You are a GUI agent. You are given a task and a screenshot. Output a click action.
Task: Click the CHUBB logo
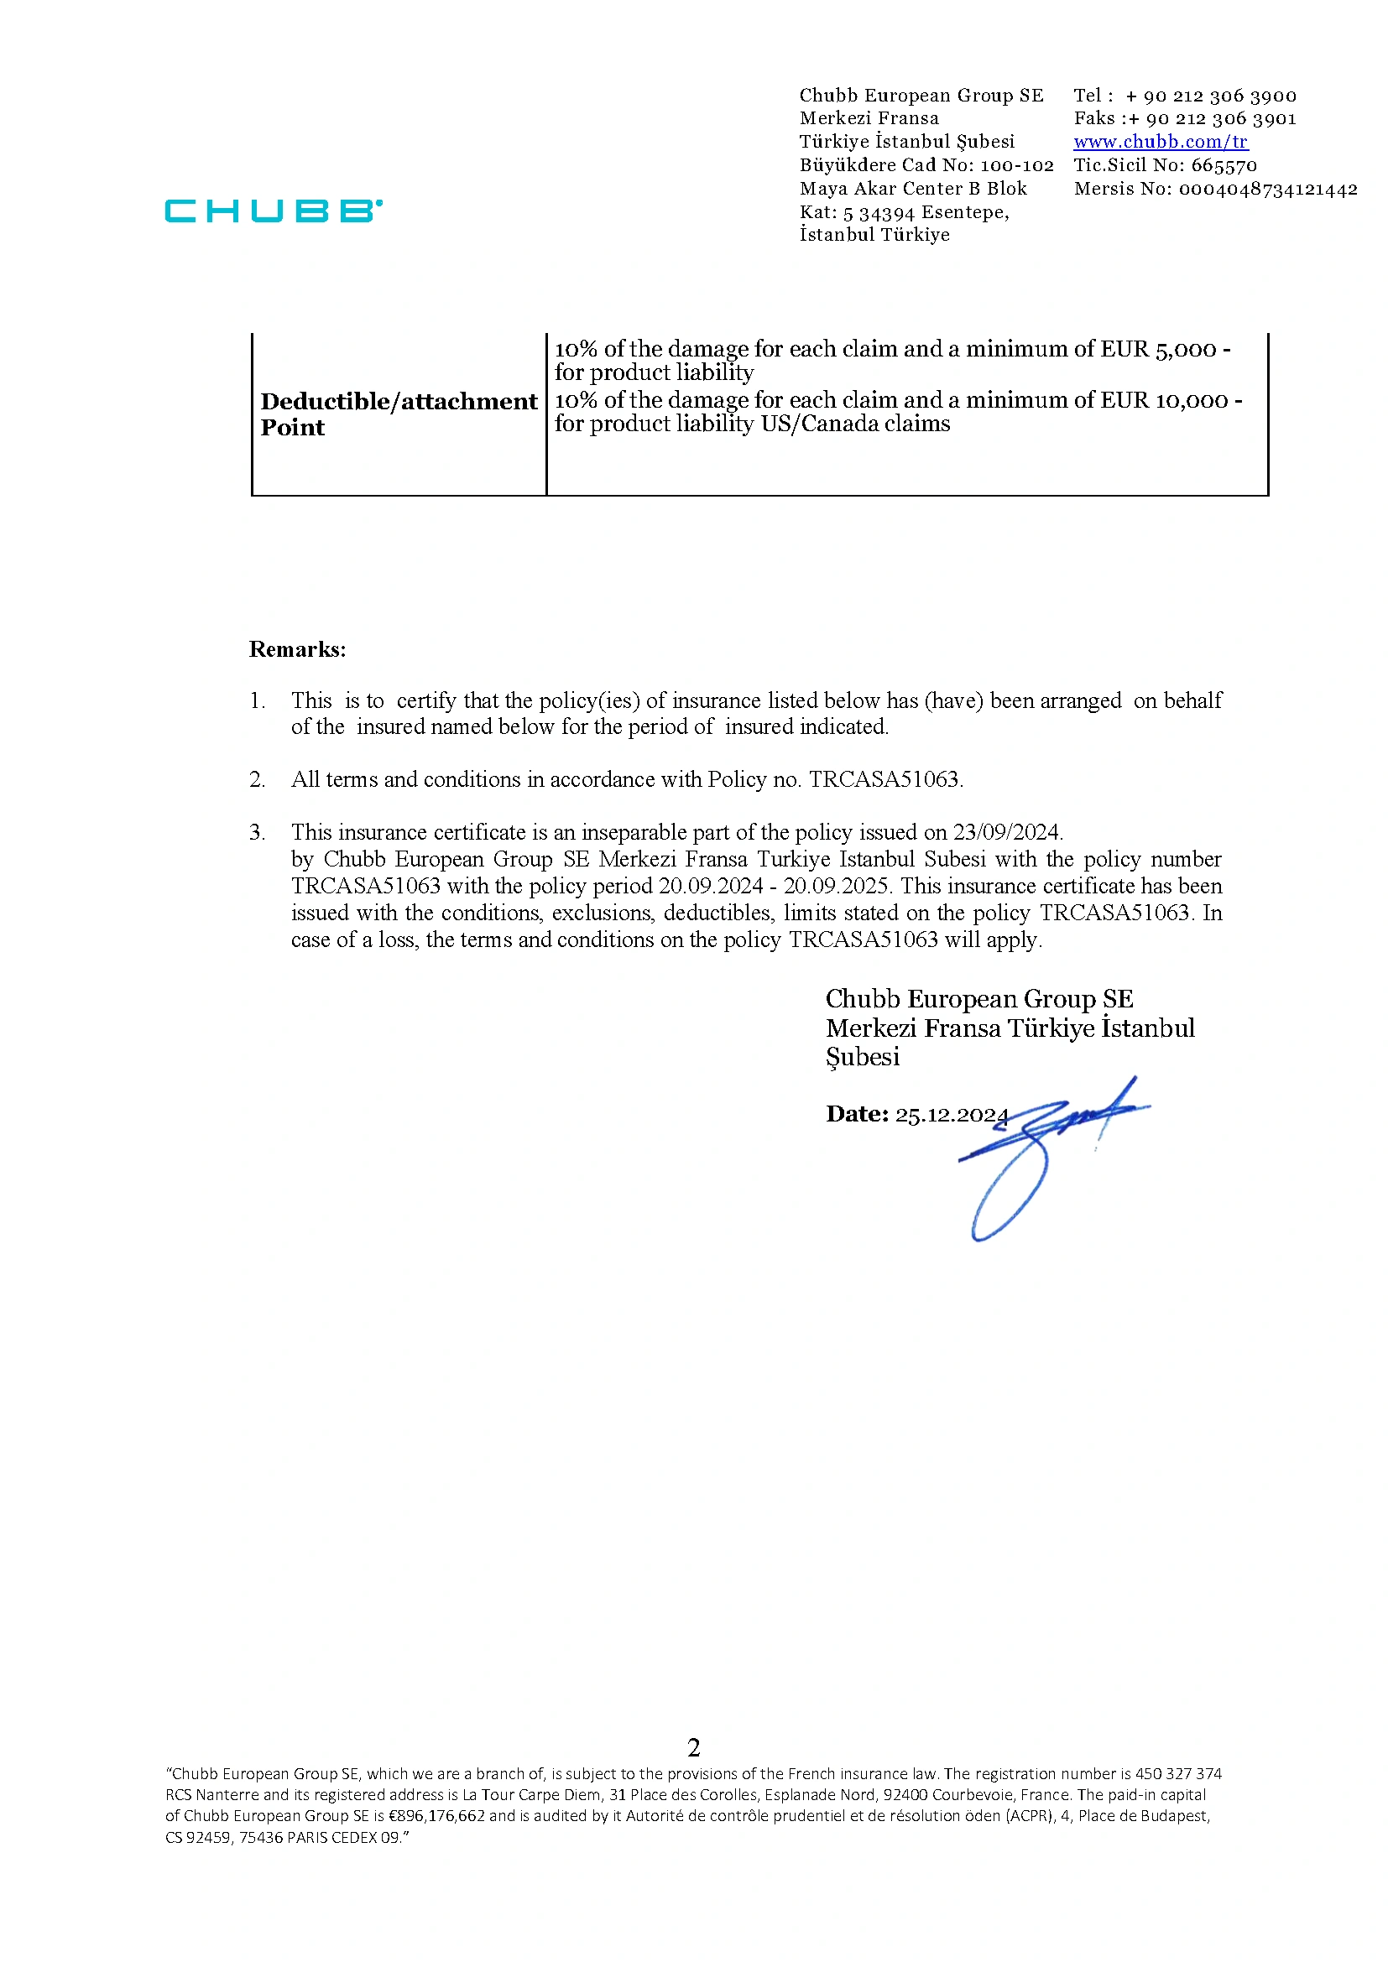274,211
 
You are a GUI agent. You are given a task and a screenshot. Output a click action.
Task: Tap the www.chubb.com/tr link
1160,142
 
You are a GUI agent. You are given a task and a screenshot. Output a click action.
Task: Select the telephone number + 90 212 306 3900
1210,96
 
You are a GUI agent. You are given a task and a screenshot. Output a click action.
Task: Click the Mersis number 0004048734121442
1267,189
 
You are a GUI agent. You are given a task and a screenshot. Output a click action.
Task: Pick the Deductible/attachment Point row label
399,414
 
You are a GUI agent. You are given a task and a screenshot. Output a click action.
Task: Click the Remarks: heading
297,649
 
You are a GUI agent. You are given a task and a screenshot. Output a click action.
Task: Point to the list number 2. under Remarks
258,779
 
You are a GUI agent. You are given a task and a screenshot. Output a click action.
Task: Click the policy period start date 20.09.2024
710,886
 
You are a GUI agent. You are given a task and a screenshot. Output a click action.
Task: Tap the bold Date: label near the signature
857,1114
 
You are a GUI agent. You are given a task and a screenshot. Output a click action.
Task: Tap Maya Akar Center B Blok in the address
913,189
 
